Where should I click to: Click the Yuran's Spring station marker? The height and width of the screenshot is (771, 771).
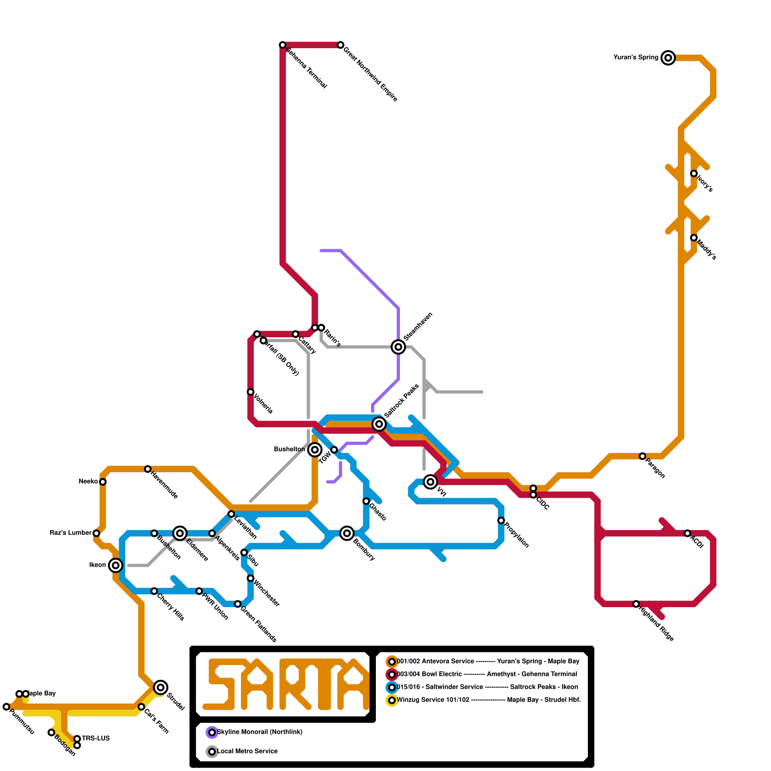pyautogui.click(x=668, y=58)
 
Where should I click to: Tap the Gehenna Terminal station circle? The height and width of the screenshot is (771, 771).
pyautogui.click(x=283, y=45)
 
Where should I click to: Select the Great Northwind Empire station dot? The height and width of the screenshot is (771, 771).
pyautogui.click(x=341, y=45)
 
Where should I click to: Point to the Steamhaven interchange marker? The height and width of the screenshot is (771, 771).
pyautogui.click(x=398, y=346)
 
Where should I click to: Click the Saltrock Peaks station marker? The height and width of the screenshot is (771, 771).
pyautogui.click(x=379, y=424)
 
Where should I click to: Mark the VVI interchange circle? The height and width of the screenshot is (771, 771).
pyautogui.click(x=430, y=481)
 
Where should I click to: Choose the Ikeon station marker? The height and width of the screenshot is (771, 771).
pyautogui.click(x=115, y=565)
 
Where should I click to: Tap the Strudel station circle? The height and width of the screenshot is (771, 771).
pyautogui.click(x=160, y=687)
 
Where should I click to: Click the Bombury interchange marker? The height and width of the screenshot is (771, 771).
pyautogui.click(x=347, y=533)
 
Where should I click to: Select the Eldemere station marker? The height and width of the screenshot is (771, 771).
pyautogui.click(x=180, y=533)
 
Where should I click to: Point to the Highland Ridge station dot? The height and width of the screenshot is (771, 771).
pyautogui.click(x=636, y=604)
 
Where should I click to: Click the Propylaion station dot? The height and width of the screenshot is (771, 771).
pyautogui.click(x=501, y=520)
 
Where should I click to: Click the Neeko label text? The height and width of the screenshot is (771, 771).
pyautogui.click(x=88, y=481)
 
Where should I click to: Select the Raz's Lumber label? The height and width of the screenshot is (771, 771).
pyautogui.click(x=70, y=532)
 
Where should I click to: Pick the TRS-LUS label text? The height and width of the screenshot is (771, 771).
pyautogui.click(x=96, y=738)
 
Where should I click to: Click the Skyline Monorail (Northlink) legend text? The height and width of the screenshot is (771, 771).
pyautogui.click(x=260, y=732)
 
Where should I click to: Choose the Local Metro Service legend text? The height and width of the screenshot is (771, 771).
pyautogui.click(x=247, y=751)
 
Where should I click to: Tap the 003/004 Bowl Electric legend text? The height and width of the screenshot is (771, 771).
pyautogui.click(x=429, y=674)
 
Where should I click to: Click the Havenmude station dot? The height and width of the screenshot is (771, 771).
pyautogui.click(x=148, y=469)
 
